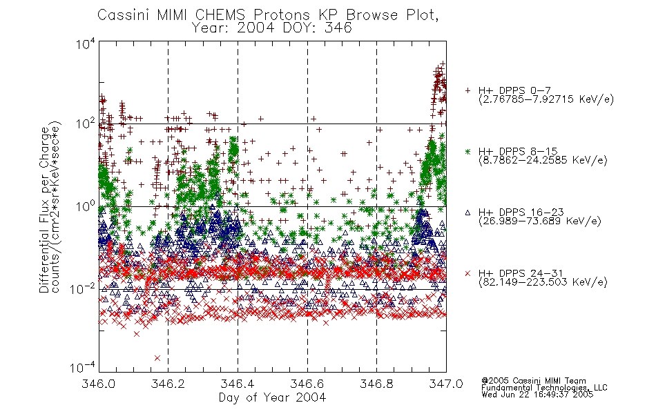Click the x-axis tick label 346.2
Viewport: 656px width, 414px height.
168,384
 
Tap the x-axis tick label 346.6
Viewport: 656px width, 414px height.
307,384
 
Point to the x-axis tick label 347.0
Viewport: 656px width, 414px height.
446,384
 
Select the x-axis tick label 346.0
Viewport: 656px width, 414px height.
98,384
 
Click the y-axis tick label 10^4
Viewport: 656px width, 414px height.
85,43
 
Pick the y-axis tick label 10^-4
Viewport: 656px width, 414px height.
82,367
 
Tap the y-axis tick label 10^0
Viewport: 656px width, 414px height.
85,206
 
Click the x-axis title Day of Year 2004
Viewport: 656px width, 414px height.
272,397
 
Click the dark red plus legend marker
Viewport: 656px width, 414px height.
468,90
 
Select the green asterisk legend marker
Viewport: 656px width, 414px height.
468,151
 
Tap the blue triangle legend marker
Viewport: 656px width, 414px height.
468,213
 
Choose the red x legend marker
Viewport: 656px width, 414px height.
468,273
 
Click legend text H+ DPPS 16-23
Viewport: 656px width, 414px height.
521,212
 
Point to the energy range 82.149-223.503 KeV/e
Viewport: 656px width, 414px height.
543,282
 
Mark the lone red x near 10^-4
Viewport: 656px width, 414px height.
157,358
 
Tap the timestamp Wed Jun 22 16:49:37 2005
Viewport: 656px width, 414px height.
537,395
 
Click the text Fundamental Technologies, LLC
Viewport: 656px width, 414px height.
544,388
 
